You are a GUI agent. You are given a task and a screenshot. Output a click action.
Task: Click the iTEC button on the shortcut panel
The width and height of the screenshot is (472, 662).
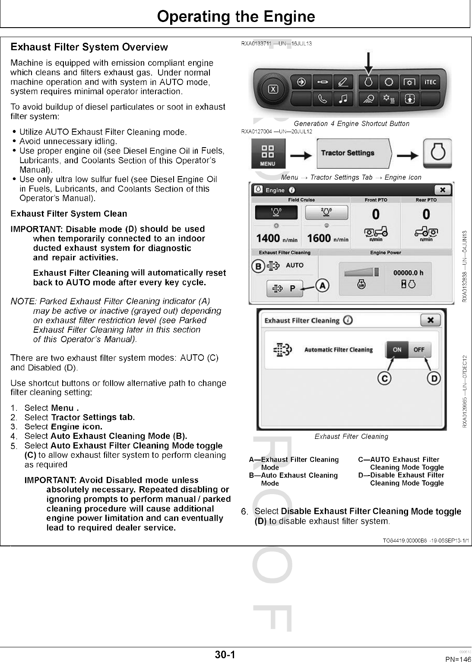430,82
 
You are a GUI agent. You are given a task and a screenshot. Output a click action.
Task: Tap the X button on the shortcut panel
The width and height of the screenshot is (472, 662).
273,89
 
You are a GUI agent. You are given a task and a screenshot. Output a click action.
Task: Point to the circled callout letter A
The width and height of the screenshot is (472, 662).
322,286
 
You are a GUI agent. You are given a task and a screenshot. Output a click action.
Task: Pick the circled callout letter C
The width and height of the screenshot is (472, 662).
384,378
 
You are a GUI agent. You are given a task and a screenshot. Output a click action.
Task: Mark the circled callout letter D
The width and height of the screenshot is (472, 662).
434,378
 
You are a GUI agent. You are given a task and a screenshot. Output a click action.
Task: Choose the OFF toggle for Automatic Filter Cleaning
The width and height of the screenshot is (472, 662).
419,350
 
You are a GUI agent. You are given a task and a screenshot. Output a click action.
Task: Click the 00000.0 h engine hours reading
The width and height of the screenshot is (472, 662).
408,272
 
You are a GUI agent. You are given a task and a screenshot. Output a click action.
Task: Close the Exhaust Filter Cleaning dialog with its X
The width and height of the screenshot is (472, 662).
430,320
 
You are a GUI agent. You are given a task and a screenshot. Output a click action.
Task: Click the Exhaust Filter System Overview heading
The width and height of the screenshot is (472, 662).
89,47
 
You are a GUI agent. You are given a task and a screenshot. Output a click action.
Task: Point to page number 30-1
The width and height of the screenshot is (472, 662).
225,655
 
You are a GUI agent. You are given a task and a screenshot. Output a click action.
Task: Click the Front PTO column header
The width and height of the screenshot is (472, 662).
376,200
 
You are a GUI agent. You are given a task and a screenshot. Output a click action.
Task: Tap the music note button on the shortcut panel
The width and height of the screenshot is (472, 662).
343,99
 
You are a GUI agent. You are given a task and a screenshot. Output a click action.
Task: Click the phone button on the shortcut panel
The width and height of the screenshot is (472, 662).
322,99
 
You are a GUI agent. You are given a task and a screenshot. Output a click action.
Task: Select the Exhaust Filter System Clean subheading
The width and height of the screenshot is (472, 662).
69,214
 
